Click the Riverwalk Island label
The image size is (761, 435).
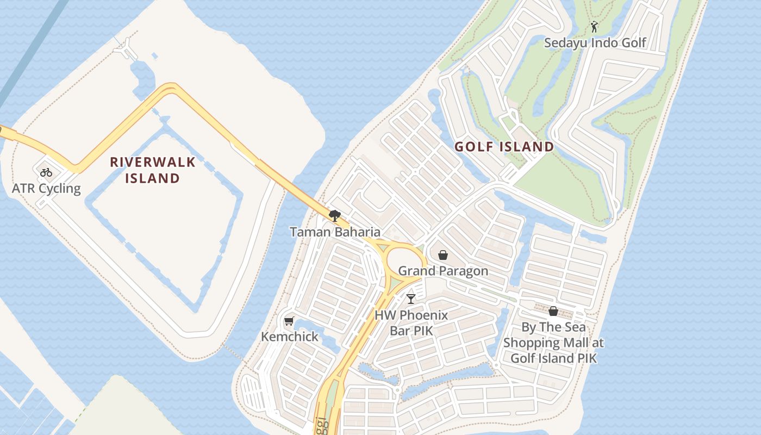pyautogui.click(x=153, y=170)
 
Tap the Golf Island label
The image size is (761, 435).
pyautogui.click(x=504, y=146)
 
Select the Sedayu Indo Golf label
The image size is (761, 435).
pyautogui.click(x=595, y=42)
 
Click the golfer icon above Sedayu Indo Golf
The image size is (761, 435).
pyautogui.click(x=594, y=27)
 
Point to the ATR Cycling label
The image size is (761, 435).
pyautogui.click(x=46, y=189)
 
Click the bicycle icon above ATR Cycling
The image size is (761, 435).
pyautogui.click(x=46, y=172)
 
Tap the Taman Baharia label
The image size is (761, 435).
pyautogui.click(x=335, y=232)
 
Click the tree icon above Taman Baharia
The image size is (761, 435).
pyautogui.click(x=334, y=216)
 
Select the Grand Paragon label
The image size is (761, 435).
pyautogui.click(x=443, y=270)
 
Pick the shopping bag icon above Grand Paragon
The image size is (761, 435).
pyautogui.click(x=443, y=254)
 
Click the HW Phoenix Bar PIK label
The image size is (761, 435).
pyautogui.click(x=411, y=322)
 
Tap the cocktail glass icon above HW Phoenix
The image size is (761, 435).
pyautogui.click(x=411, y=299)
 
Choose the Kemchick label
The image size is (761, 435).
pyautogui.click(x=289, y=337)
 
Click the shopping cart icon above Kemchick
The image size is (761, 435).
pyautogui.click(x=289, y=321)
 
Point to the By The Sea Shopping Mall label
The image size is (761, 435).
pyautogui.click(x=553, y=343)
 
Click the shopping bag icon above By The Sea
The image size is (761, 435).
pyautogui.click(x=553, y=311)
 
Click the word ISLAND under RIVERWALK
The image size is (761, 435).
pyautogui.click(x=153, y=178)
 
